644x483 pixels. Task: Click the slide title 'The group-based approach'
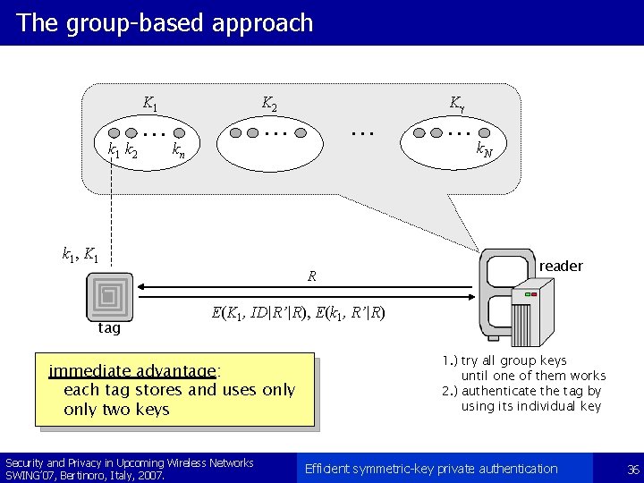(165, 23)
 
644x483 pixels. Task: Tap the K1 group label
(151, 104)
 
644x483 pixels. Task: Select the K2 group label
(268, 104)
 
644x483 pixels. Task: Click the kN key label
(484, 150)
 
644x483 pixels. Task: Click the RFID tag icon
(109, 295)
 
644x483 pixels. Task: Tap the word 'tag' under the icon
(109, 328)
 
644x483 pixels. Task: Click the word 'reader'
(561, 266)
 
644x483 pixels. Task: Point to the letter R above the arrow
(311, 276)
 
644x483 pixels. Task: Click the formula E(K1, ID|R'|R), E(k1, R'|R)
(298, 313)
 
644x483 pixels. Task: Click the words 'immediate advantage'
(134, 371)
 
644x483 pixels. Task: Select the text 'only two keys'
(116, 410)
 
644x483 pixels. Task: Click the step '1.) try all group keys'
(504, 360)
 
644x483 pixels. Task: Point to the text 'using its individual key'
(531, 406)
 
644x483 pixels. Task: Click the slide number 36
(633, 469)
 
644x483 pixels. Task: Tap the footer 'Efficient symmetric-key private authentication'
(431, 469)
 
